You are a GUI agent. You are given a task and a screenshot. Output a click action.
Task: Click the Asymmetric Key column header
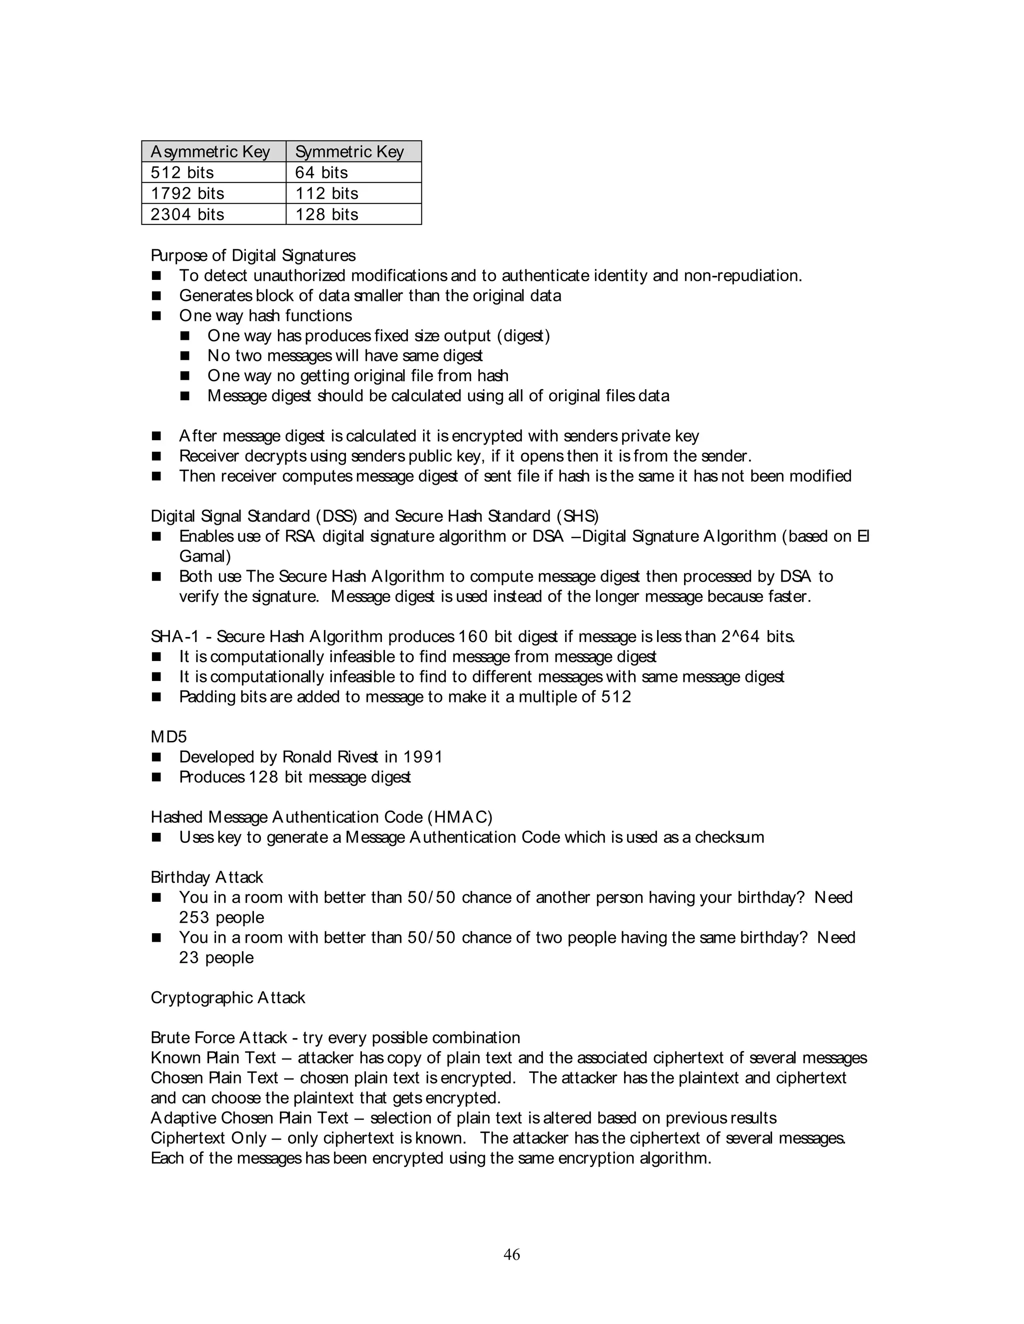210,151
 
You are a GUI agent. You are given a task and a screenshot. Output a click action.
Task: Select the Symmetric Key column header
349,151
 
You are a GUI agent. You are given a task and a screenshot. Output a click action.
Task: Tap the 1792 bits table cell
187,193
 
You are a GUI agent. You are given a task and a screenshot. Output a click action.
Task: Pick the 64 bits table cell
321,173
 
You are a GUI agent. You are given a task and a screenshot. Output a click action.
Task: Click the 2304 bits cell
187,215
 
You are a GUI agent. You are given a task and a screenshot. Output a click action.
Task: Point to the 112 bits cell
326,193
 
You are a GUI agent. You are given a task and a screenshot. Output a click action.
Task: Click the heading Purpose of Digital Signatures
253,256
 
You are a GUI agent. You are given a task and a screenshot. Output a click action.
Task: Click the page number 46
511,1255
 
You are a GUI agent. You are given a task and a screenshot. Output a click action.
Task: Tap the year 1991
423,757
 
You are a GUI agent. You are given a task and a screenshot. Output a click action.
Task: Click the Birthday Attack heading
207,878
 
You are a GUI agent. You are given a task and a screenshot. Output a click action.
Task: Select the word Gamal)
205,557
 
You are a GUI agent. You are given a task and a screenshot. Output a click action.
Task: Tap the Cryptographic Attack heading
227,998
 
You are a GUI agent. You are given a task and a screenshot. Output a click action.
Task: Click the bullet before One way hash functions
156,316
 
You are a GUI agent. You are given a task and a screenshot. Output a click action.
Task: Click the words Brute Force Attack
218,1038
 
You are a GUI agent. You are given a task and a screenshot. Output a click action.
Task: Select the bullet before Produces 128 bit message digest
156,777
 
